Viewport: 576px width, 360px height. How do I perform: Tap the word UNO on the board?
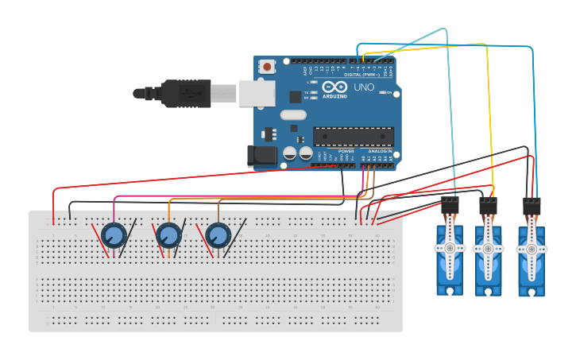pyautogui.click(x=364, y=87)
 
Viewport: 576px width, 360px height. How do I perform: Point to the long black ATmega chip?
pyautogui.click(x=353, y=136)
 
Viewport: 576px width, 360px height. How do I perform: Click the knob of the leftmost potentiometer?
pyautogui.click(x=114, y=235)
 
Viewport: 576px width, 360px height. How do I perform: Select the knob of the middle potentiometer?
pyautogui.click(x=168, y=235)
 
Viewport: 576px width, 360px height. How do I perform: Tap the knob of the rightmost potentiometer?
pyautogui.click(x=218, y=235)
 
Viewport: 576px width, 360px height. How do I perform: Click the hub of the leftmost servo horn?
pyautogui.click(x=450, y=248)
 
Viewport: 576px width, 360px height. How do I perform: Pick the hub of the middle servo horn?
pyautogui.click(x=488, y=249)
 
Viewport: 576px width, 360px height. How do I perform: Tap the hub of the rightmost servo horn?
pyautogui.click(x=532, y=250)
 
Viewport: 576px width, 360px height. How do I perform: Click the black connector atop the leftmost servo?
pyautogui.click(x=450, y=205)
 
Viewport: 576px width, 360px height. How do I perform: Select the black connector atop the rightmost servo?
pyautogui.click(x=532, y=207)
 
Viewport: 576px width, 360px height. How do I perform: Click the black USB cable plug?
pyautogui.click(x=187, y=93)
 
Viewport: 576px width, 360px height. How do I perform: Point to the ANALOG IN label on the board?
pyautogui.click(x=380, y=150)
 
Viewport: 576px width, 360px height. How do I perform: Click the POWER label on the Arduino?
pyautogui.click(x=346, y=150)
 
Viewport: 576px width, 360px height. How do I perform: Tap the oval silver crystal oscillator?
pyautogui.click(x=293, y=114)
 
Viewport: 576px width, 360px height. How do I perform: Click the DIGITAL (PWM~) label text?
pyautogui.click(x=362, y=75)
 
